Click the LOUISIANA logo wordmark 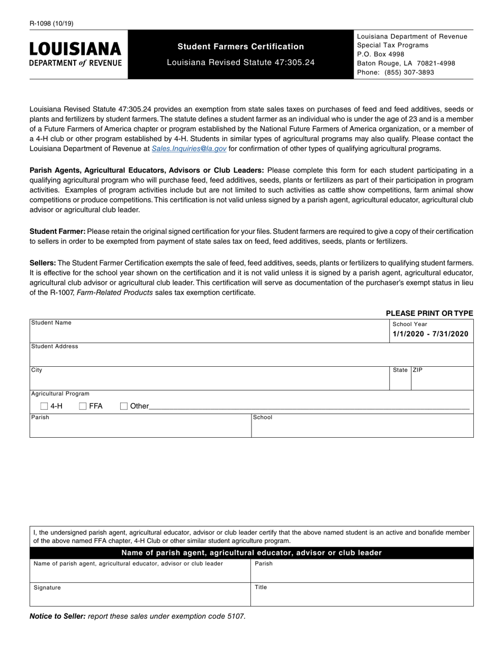[x=75, y=49]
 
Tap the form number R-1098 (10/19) [x=52, y=23]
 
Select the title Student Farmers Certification [x=240, y=47]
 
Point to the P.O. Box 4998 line [x=381, y=54]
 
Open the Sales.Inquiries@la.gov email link [x=189, y=149]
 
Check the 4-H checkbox [x=44, y=406]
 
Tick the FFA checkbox [x=83, y=406]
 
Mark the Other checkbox [x=124, y=406]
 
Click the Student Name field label [x=51, y=323]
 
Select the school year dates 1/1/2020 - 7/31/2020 [x=430, y=334]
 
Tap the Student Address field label [x=55, y=347]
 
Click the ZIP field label [x=418, y=370]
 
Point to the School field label [x=263, y=418]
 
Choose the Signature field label [x=47, y=587]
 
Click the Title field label [x=261, y=587]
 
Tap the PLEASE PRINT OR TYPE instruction [x=429, y=313]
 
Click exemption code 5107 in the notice [x=236, y=616]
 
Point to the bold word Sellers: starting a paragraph [x=43, y=263]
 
